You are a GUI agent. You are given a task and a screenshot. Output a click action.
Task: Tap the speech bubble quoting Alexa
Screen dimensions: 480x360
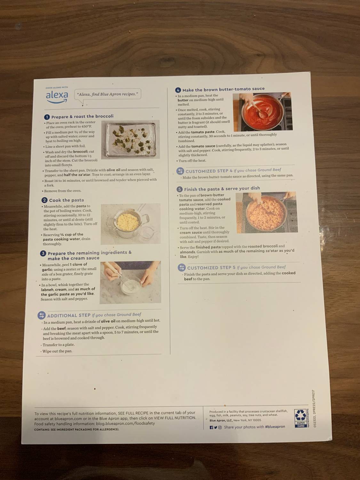[x=108, y=94]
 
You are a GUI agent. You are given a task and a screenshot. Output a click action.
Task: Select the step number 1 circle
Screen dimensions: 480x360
[x=47, y=117]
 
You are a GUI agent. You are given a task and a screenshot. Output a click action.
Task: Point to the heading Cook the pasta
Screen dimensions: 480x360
[x=66, y=200]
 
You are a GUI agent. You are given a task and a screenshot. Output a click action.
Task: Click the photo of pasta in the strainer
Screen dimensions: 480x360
[x=130, y=224]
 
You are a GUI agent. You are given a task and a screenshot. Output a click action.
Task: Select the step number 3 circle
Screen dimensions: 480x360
[x=43, y=253]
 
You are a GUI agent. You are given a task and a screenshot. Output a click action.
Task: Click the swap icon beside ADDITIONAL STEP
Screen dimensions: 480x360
[x=41, y=316]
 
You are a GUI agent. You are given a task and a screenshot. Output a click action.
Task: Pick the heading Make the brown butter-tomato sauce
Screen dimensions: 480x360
[x=223, y=89]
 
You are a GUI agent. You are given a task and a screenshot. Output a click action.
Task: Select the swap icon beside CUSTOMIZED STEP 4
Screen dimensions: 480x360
[x=180, y=171]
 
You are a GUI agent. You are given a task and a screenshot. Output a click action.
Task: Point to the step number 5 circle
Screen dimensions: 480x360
[x=180, y=189]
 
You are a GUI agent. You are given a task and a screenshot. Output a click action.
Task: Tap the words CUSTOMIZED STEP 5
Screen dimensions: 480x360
[x=211, y=268]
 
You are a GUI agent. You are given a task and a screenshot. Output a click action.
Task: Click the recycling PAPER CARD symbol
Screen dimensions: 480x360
[x=300, y=419]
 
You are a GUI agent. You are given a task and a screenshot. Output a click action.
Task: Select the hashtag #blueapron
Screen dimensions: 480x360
[x=275, y=427]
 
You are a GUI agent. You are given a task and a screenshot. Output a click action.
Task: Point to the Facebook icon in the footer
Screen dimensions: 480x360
[x=211, y=427]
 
